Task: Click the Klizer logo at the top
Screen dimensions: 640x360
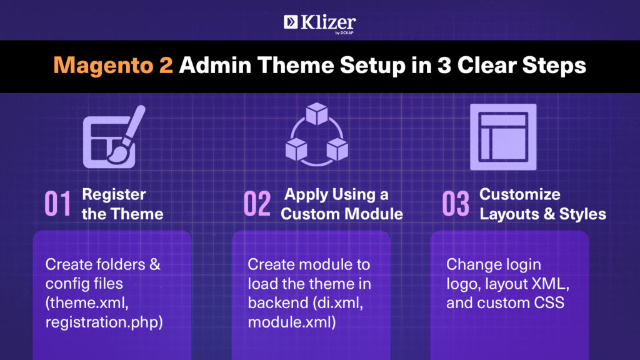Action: [319, 24]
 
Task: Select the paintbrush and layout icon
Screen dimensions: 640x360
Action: [114, 137]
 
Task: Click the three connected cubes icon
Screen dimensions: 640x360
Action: [317, 135]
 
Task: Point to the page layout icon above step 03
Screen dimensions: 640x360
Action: [503, 137]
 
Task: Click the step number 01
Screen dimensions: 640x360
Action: [57, 203]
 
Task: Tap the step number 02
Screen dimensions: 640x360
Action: [257, 203]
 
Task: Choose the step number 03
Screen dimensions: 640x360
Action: [456, 203]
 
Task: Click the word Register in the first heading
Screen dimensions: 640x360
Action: [114, 195]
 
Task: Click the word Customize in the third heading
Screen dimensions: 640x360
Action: [519, 194]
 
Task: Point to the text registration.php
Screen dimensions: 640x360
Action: [104, 322]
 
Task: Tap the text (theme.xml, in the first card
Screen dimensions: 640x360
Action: [87, 303]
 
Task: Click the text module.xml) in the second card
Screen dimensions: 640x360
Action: [292, 322]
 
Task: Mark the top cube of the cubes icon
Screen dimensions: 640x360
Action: [317, 114]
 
